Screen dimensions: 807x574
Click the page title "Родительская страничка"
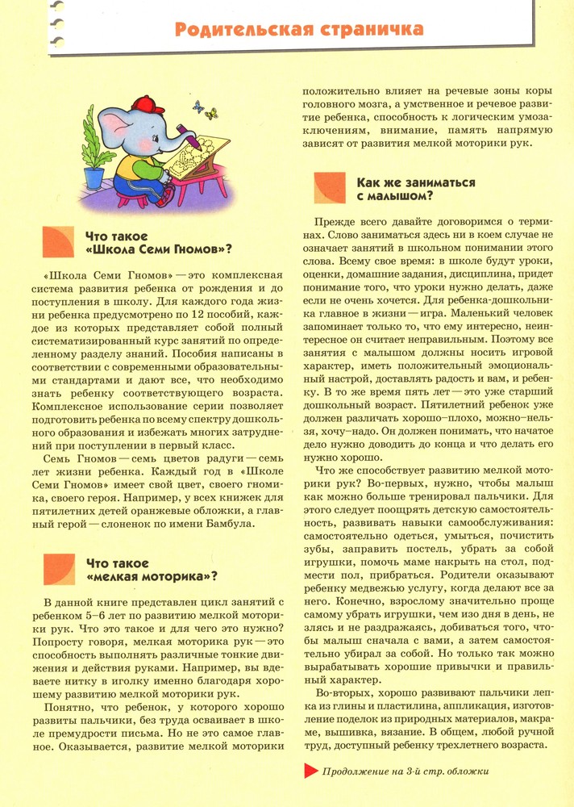point(299,30)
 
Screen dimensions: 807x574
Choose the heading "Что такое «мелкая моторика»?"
point(151,569)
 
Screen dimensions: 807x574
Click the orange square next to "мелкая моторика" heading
point(58,569)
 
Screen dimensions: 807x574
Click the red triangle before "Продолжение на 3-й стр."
point(310,771)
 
